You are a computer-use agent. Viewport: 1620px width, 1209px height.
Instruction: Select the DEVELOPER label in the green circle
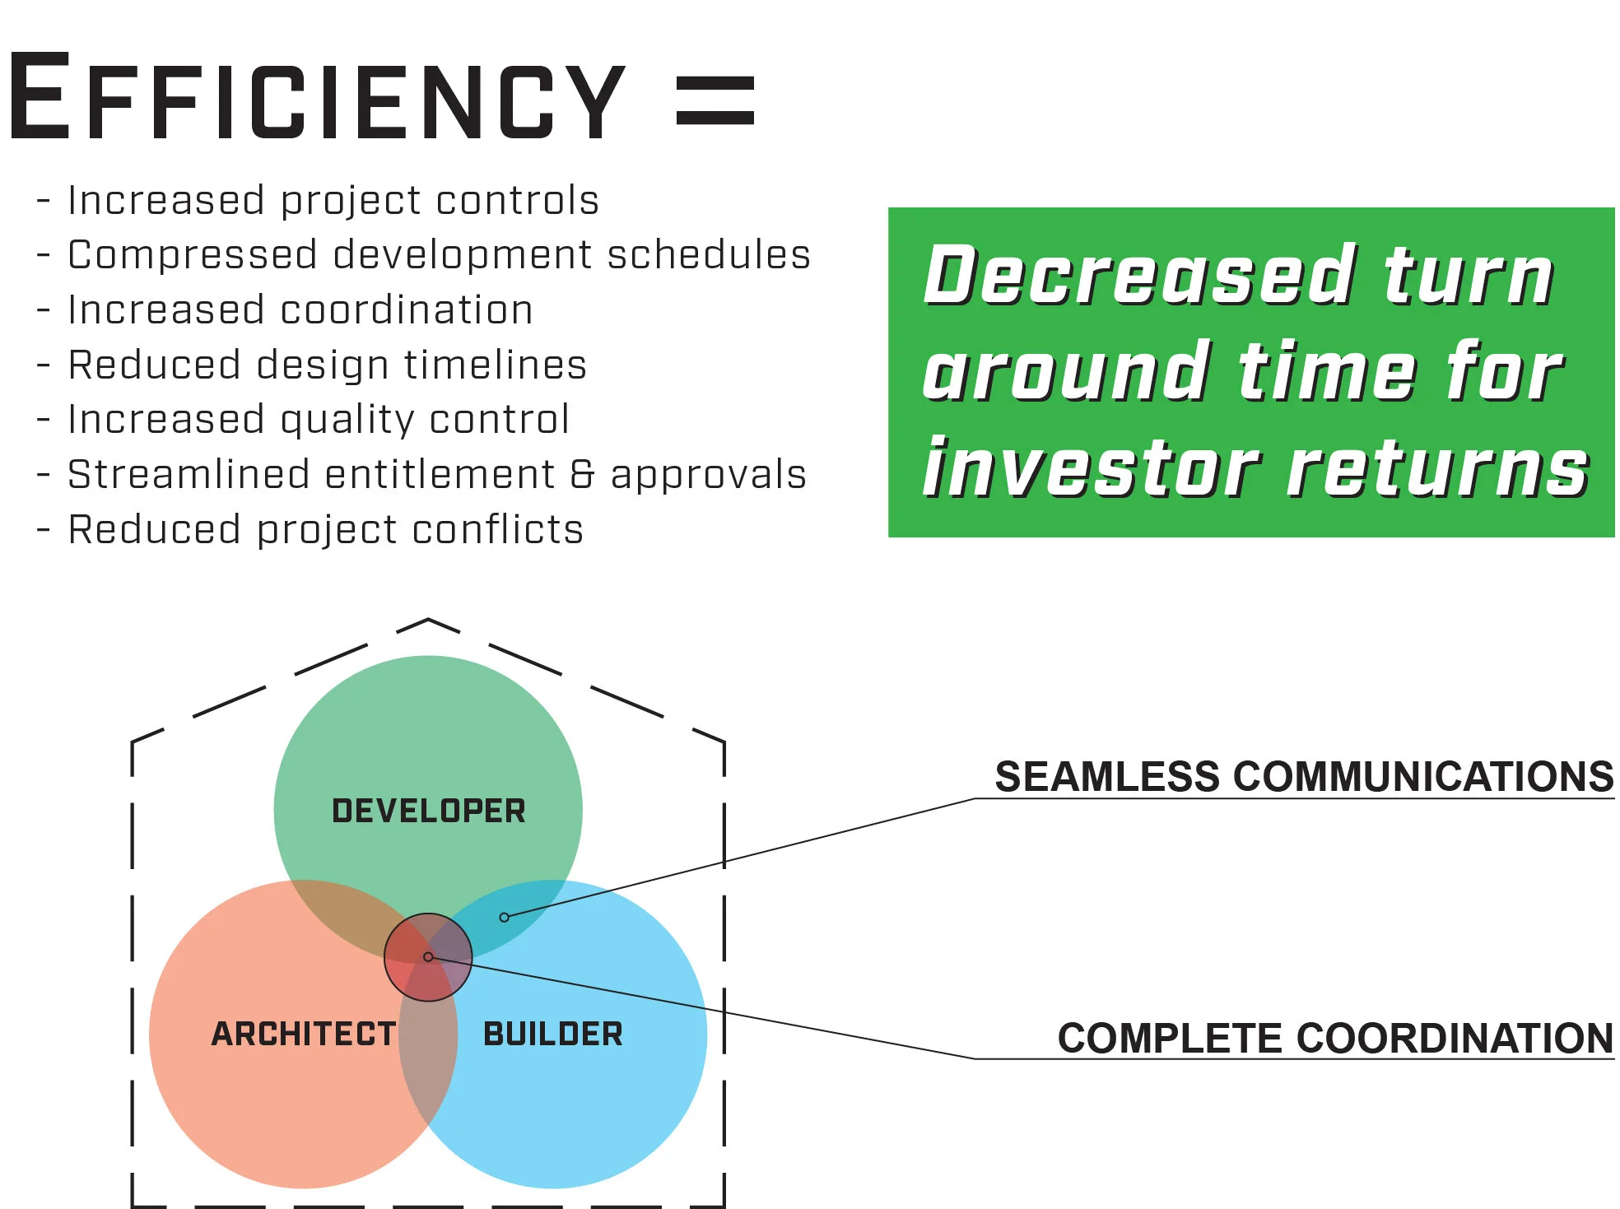click(428, 811)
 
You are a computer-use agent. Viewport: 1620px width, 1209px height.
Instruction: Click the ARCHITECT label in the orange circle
click(304, 1035)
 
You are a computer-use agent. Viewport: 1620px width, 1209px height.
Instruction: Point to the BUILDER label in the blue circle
click(553, 1035)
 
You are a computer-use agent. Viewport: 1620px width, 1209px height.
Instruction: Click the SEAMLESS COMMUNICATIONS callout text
click(1304, 777)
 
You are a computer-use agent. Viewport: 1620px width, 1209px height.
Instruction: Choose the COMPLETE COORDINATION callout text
click(1335, 1039)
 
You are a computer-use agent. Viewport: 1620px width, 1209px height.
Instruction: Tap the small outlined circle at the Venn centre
click(428, 957)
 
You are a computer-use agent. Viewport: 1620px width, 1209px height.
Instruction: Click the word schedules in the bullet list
click(709, 255)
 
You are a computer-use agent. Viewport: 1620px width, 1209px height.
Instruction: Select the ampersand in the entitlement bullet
click(582, 475)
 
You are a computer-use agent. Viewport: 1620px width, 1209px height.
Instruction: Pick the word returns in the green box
click(1437, 469)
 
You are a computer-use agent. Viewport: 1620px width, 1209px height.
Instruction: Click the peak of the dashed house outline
click(428, 619)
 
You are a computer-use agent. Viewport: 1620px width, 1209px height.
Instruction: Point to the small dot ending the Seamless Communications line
click(505, 918)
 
